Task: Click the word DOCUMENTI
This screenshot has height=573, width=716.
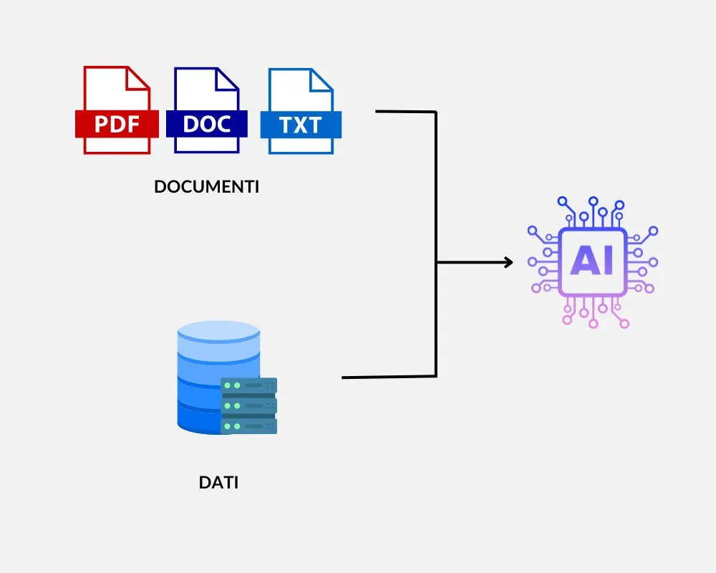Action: coord(207,188)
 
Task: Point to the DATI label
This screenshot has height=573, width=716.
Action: coord(218,482)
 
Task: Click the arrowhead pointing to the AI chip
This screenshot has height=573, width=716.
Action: coord(508,262)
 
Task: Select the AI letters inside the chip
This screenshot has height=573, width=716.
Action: coord(592,262)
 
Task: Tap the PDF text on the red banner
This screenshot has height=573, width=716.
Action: coord(116,125)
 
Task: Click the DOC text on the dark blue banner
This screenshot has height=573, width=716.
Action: coord(206,124)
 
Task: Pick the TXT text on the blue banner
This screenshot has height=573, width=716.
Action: coord(301,125)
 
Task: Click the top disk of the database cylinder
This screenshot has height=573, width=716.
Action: coord(218,331)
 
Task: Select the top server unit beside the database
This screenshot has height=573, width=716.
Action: coord(248,386)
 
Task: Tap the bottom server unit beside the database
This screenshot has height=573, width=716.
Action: coord(248,426)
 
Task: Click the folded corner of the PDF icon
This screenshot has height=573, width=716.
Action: coord(138,78)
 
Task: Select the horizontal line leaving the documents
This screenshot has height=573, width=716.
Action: coord(405,112)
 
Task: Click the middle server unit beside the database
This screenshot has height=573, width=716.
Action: coord(248,406)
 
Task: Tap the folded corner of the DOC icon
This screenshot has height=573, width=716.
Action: coord(228,78)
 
